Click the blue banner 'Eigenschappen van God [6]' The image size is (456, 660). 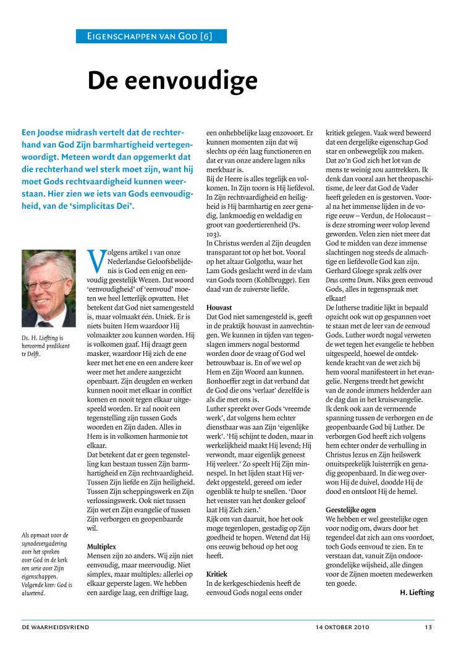[151, 36]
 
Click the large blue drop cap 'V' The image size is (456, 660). [96, 261]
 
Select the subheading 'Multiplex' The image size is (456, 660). [101, 546]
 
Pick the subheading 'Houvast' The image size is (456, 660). [219, 307]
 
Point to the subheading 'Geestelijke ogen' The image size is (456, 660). [350, 509]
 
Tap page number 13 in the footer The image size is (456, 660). [428, 627]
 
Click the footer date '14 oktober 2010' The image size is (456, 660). [340, 627]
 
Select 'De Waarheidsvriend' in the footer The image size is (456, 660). [56, 627]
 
